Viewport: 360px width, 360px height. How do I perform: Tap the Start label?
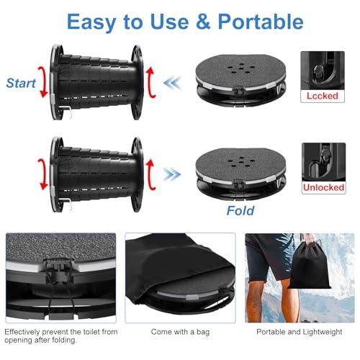[21, 84]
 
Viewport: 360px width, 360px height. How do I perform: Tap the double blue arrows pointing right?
[174, 174]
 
